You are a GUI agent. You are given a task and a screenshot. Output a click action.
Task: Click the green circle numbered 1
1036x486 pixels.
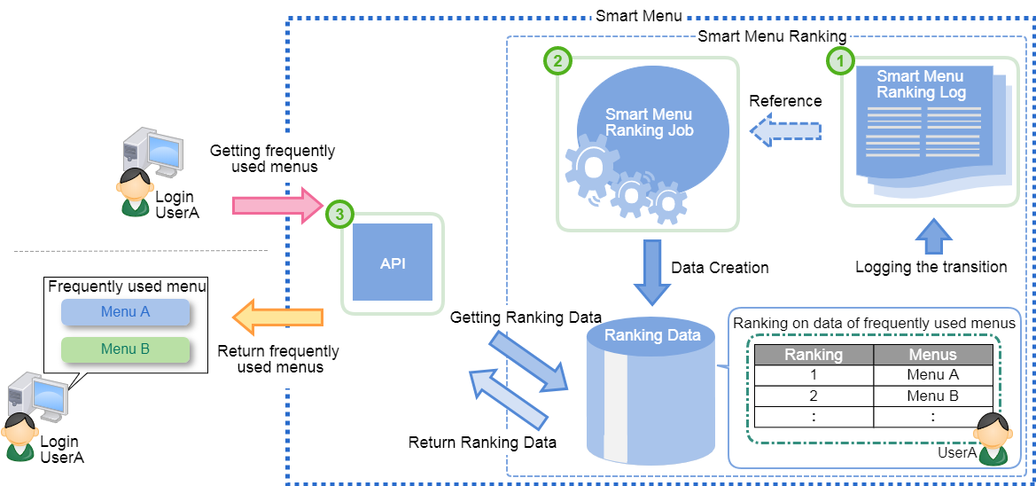pyautogui.click(x=840, y=60)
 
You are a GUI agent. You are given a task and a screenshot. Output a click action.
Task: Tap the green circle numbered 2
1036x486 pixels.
pyautogui.click(x=557, y=61)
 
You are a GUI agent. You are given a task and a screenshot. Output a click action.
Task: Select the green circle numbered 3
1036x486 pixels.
pyautogui.click(x=339, y=214)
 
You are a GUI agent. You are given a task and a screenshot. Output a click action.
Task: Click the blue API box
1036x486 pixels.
pyautogui.click(x=393, y=262)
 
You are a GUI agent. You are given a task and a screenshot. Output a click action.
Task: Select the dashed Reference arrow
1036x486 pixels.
pyautogui.click(x=785, y=131)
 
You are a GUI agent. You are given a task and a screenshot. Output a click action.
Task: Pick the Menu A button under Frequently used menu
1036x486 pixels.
pyautogui.click(x=125, y=312)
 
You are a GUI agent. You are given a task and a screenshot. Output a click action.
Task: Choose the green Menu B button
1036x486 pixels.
pyautogui.click(x=125, y=349)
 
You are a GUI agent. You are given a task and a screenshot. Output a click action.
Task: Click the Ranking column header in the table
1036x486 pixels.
pyautogui.click(x=814, y=355)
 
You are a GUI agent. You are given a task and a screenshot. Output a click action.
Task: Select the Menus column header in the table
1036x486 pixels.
pyautogui.click(x=933, y=355)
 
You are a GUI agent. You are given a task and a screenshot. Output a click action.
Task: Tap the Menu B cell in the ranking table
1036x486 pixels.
pyautogui.click(x=933, y=396)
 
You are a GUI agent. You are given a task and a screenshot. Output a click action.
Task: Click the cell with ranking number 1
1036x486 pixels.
pyautogui.click(x=814, y=375)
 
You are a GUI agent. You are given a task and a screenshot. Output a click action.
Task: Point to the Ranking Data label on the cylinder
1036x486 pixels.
pyautogui.click(x=651, y=335)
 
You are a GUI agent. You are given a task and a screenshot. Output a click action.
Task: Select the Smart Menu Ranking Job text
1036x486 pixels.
pyautogui.click(x=648, y=122)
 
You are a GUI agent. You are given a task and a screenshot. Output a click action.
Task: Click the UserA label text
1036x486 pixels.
pyautogui.click(x=956, y=453)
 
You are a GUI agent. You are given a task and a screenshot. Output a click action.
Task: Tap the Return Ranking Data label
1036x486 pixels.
pyautogui.click(x=482, y=442)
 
